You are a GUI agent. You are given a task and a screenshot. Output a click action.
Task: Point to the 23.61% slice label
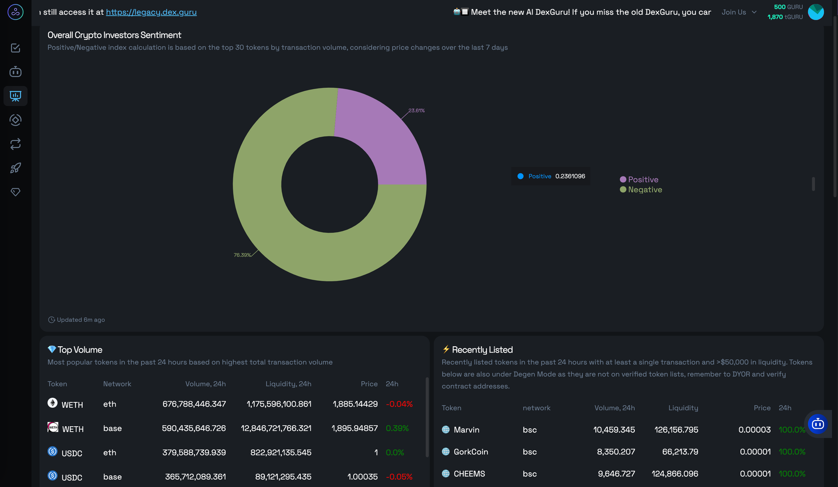click(x=416, y=111)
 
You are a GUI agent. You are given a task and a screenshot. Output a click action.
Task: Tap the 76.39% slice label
click(x=242, y=255)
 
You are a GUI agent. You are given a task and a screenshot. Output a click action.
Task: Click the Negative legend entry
click(x=641, y=190)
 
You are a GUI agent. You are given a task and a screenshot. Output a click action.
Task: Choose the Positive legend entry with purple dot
click(x=639, y=180)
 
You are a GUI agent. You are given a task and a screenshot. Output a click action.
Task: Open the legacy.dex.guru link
click(x=151, y=12)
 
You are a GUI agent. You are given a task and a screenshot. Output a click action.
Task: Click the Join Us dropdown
click(x=739, y=12)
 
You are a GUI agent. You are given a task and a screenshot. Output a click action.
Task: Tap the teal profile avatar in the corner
click(x=816, y=12)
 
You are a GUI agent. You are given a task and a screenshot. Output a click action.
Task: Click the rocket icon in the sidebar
click(x=16, y=168)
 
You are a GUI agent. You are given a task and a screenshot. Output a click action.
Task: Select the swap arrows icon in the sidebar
click(x=16, y=144)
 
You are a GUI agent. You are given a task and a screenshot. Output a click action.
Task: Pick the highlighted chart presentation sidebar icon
click(x=16, y=96)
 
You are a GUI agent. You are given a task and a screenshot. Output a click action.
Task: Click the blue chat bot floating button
click(x=817, y=424)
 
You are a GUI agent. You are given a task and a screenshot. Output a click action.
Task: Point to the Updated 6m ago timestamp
click(x=77, y=320)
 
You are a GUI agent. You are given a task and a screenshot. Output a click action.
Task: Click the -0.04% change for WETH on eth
click(x=399, y=404)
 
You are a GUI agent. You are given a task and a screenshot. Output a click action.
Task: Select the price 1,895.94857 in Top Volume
click(x=354, y=428)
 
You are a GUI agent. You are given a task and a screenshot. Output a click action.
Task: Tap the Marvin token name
click(x=466, y=430)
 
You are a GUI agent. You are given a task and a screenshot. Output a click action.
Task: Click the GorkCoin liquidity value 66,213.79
click(x=680, y=452)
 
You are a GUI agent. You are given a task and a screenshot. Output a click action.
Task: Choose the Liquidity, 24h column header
click(x=288, y=384)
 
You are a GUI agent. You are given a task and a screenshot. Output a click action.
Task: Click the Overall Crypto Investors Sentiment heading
click(x=114, y=35)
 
